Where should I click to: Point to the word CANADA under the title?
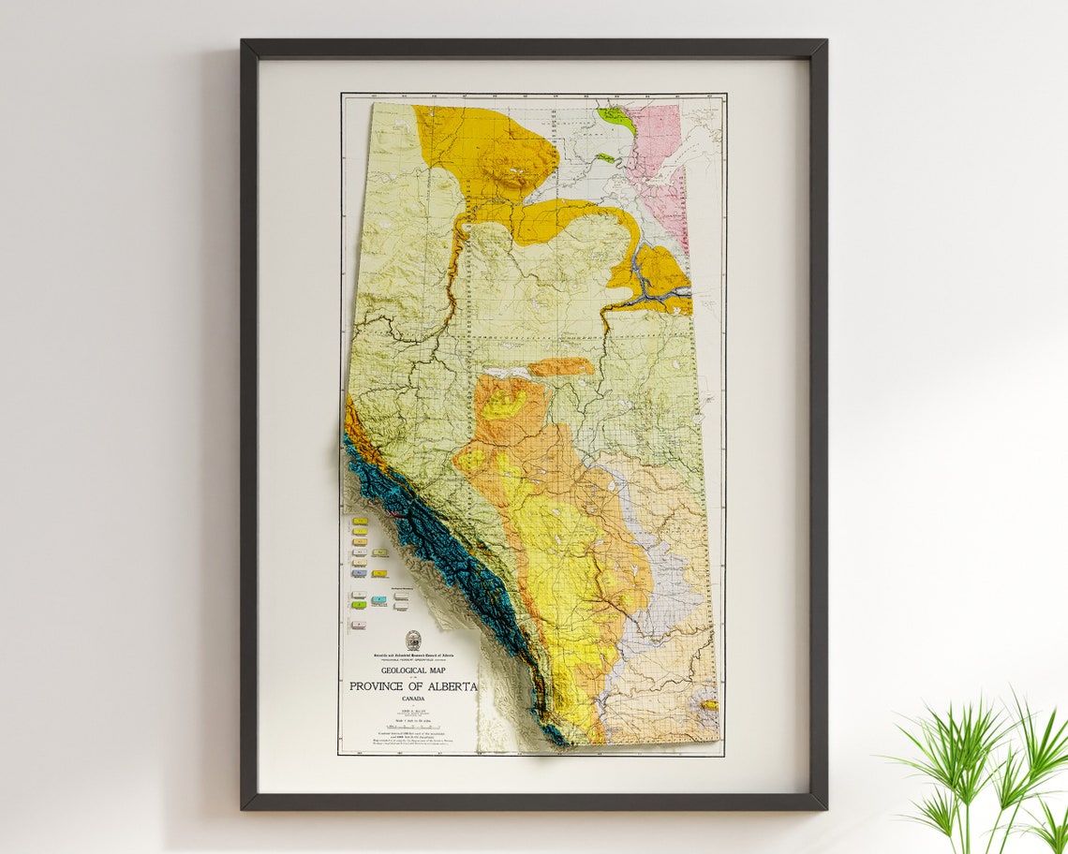tap(413, 699)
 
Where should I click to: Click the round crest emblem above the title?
tap(413, 640)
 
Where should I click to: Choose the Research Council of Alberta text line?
tap(413, 655)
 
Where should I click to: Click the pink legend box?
tap(359, 624)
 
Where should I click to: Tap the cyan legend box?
tap(379, 599)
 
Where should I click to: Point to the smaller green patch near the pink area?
tap(604, 158)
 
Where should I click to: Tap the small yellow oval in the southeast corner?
tap(709, 705)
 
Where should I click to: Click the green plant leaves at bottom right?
tap(984, 768)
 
